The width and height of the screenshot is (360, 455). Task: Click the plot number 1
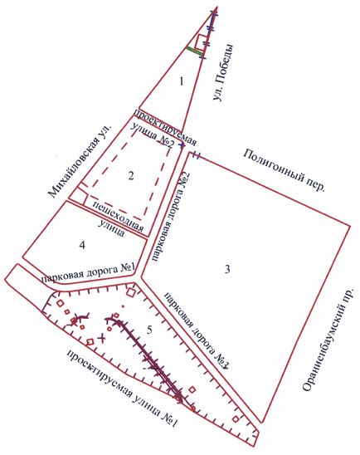pyautogui.click(x=182, y=81)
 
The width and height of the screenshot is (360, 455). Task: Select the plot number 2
pyautogui.click(x=131, y=175)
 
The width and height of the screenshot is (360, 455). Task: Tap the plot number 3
pyautogui.click(x=227, y=269)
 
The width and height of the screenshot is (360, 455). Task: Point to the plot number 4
pyautogui.click(x=83, y=245)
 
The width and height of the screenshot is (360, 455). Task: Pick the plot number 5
pyautogui.click(x=149, y=330)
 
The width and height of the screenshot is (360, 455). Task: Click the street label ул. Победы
pyautogui.click(x=222, y=72)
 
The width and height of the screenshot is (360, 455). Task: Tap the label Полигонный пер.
pyautogui.click(x=283, y=170)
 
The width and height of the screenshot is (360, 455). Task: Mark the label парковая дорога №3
pyautogui.click(x=197, y=330)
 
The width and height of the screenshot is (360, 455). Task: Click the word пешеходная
pyautogui.click(x=118, y=216)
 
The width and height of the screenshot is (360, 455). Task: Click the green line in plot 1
pyautogui.click(x=195, y=51)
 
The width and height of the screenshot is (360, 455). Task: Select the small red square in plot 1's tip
pyautogui.click(x=201, y=42)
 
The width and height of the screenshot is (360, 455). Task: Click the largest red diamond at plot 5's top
pyautogui.click(x=131, y=292)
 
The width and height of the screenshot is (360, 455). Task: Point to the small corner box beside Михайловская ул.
pyautogui.click(x=78, y=197)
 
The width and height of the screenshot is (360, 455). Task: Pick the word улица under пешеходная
pyautogui.click(x=112, y=228)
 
